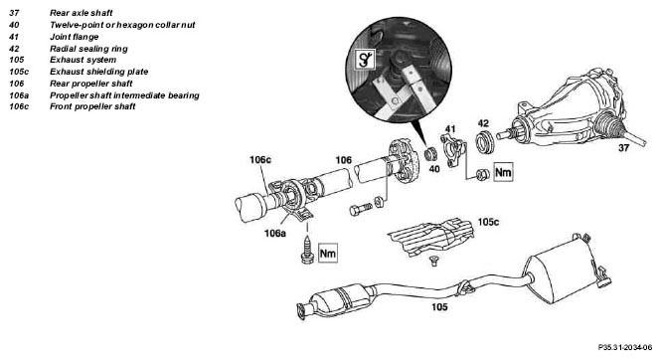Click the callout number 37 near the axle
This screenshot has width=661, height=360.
tap(623, 148)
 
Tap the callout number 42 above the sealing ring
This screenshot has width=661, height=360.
tap(483, 123)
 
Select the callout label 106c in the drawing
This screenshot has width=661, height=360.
tap(260, 160)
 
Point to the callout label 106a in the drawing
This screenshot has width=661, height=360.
tap(275, 233)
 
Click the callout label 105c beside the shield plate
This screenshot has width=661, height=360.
tap(488, 222)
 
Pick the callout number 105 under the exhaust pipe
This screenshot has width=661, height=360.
tap(439, 307)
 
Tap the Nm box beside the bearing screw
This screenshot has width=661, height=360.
tap(328, 253)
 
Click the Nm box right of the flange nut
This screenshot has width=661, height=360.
tap(503, 172)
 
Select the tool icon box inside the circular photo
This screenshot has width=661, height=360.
tap(364, 60)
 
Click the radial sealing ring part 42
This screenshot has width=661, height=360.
tap(485, 142)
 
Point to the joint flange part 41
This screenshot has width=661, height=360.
tap(453, 150)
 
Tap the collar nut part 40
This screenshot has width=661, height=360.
tap(430, 154)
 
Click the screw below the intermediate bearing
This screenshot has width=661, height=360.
tap(307, 251)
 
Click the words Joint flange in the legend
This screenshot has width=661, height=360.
tap(75, 37)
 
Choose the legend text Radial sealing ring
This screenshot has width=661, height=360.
tap(88, 49)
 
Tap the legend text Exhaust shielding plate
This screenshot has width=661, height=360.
tap(99, 72)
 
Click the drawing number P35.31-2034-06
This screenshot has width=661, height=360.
tap(625, 347)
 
